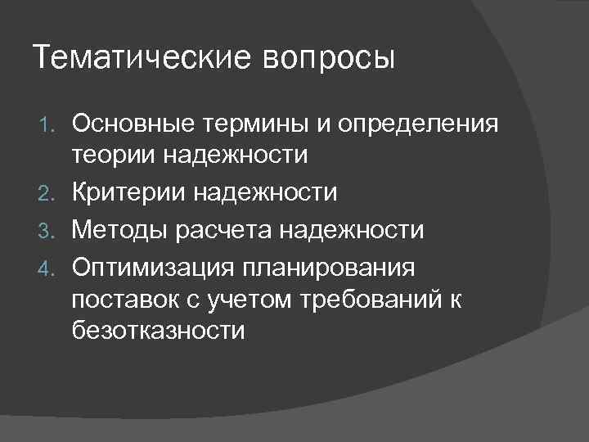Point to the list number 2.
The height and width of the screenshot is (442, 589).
(x=47, y=193)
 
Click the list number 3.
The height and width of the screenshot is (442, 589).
(x=47, y=231)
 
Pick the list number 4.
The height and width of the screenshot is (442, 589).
(x=47, y=268)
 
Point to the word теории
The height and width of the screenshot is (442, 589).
(x=110, y=156)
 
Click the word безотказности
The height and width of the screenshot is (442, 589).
(x=157, y=331)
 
